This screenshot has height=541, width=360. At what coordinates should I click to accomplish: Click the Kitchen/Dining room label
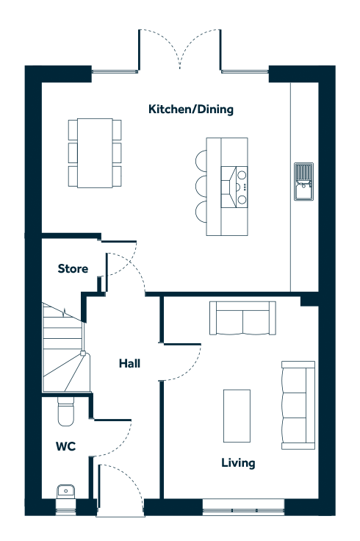(191, 110)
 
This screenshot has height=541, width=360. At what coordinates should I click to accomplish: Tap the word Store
(73, 268)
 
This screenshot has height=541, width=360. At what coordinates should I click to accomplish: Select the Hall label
(129, 363)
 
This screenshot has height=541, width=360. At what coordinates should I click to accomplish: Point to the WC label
(65, 446)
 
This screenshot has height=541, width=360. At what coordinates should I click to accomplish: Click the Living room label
(238, 463)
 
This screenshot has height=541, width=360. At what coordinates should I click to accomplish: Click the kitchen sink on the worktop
(303, 182)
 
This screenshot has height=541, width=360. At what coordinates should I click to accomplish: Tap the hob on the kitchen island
(234, 187)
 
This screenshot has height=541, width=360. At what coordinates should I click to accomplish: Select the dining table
(95, 153)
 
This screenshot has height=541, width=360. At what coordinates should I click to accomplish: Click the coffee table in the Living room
(237, 416)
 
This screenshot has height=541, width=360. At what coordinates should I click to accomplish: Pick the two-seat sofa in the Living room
(242, 318)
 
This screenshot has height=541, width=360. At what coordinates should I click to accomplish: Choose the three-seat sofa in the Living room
(298, 406)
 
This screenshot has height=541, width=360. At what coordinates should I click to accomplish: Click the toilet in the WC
(65, 412)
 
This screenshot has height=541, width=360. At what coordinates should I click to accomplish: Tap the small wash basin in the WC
(65, 492)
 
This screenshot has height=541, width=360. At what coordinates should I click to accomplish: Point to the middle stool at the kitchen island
(201, 187)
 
